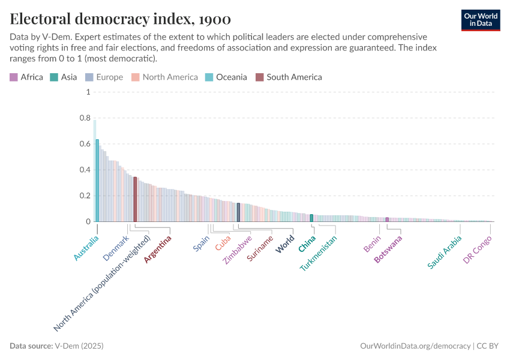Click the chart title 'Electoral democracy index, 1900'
[120, 19]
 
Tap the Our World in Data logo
[481, 20]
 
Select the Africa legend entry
[26, 77]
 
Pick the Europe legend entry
[104, 77]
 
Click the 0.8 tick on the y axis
[83, 118]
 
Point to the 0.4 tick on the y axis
[83, 170]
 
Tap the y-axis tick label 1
[88, 92]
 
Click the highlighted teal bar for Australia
[97, 180]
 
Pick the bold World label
[285, 244]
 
